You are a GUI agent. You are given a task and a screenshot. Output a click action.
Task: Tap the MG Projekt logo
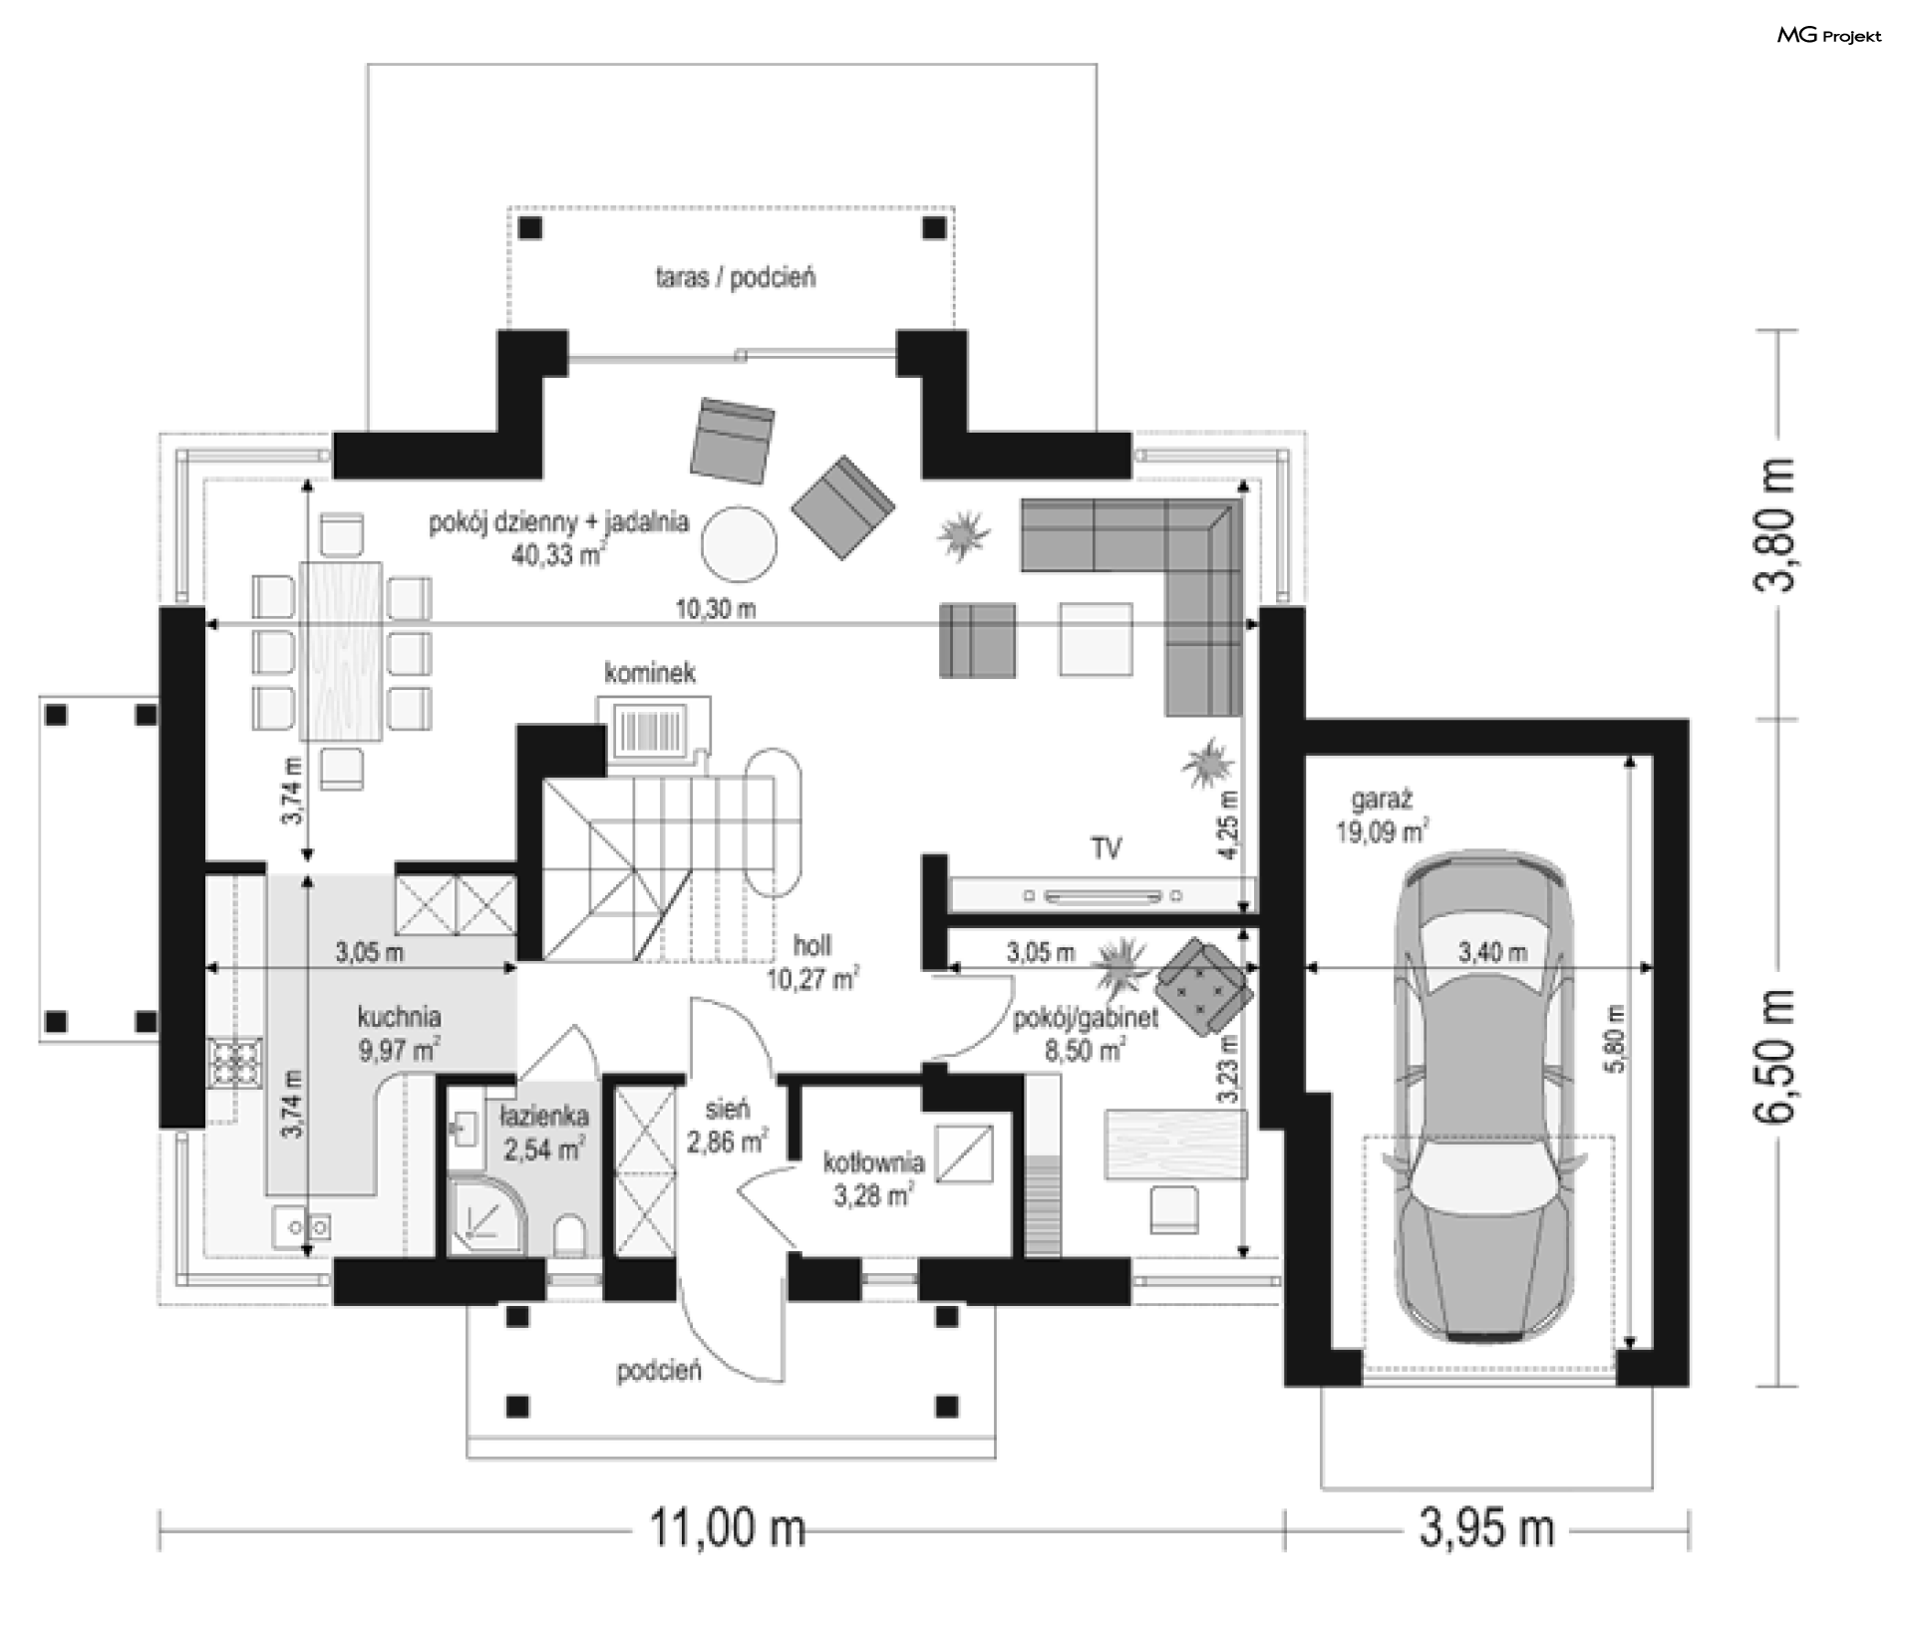[1829, 36]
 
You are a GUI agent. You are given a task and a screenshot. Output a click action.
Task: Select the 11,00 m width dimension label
[727, 1527]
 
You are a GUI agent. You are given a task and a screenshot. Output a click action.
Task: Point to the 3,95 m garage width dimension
[1486, 1527]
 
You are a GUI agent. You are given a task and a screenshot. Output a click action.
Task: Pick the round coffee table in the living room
[739, 544]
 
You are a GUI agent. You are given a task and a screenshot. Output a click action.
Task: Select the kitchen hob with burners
[235, 1063]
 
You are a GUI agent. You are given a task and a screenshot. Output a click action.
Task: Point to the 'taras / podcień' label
[735, 276]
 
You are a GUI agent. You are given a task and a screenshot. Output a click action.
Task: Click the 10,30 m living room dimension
[716, 608]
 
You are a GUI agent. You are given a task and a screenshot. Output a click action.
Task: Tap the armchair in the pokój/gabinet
[1203, 985]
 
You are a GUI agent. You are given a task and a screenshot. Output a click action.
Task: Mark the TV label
[1106, 848]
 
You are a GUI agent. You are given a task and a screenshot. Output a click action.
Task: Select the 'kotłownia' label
[873, 1162]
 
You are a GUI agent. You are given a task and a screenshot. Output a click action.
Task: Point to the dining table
[342, 652]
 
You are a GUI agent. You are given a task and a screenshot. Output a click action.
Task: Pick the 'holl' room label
[812, 945]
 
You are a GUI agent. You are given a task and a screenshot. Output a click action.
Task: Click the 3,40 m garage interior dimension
[1492, 953]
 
